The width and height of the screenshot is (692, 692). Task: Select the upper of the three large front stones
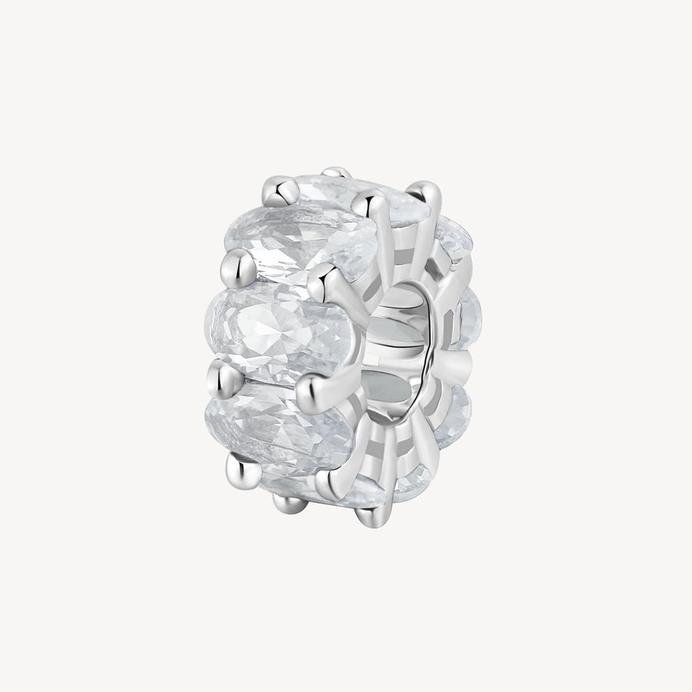(296, 235)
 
